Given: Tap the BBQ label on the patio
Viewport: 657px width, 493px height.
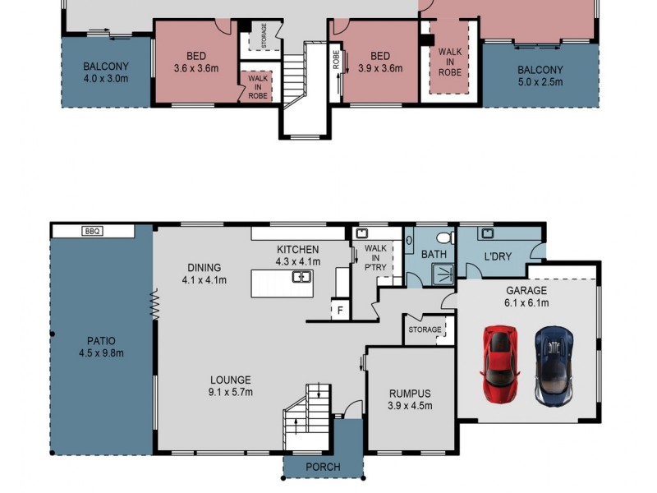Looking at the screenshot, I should click(92, 232).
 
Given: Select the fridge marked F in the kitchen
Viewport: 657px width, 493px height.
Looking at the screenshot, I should click(338, 311).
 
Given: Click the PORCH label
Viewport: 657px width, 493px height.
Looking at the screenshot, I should click(323, 468).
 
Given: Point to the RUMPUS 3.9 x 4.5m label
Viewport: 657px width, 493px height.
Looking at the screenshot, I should click(410, 399).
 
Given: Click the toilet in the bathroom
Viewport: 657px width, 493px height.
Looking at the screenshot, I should click(444, 238).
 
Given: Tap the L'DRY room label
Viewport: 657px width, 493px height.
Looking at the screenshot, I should click(498, 256).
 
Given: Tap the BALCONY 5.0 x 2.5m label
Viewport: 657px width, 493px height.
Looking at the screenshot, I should click(540, 75).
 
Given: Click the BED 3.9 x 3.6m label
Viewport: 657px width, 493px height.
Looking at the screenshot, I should click(379, 62).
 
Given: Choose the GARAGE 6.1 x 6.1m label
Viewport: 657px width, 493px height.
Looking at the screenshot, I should click(526, 297).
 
